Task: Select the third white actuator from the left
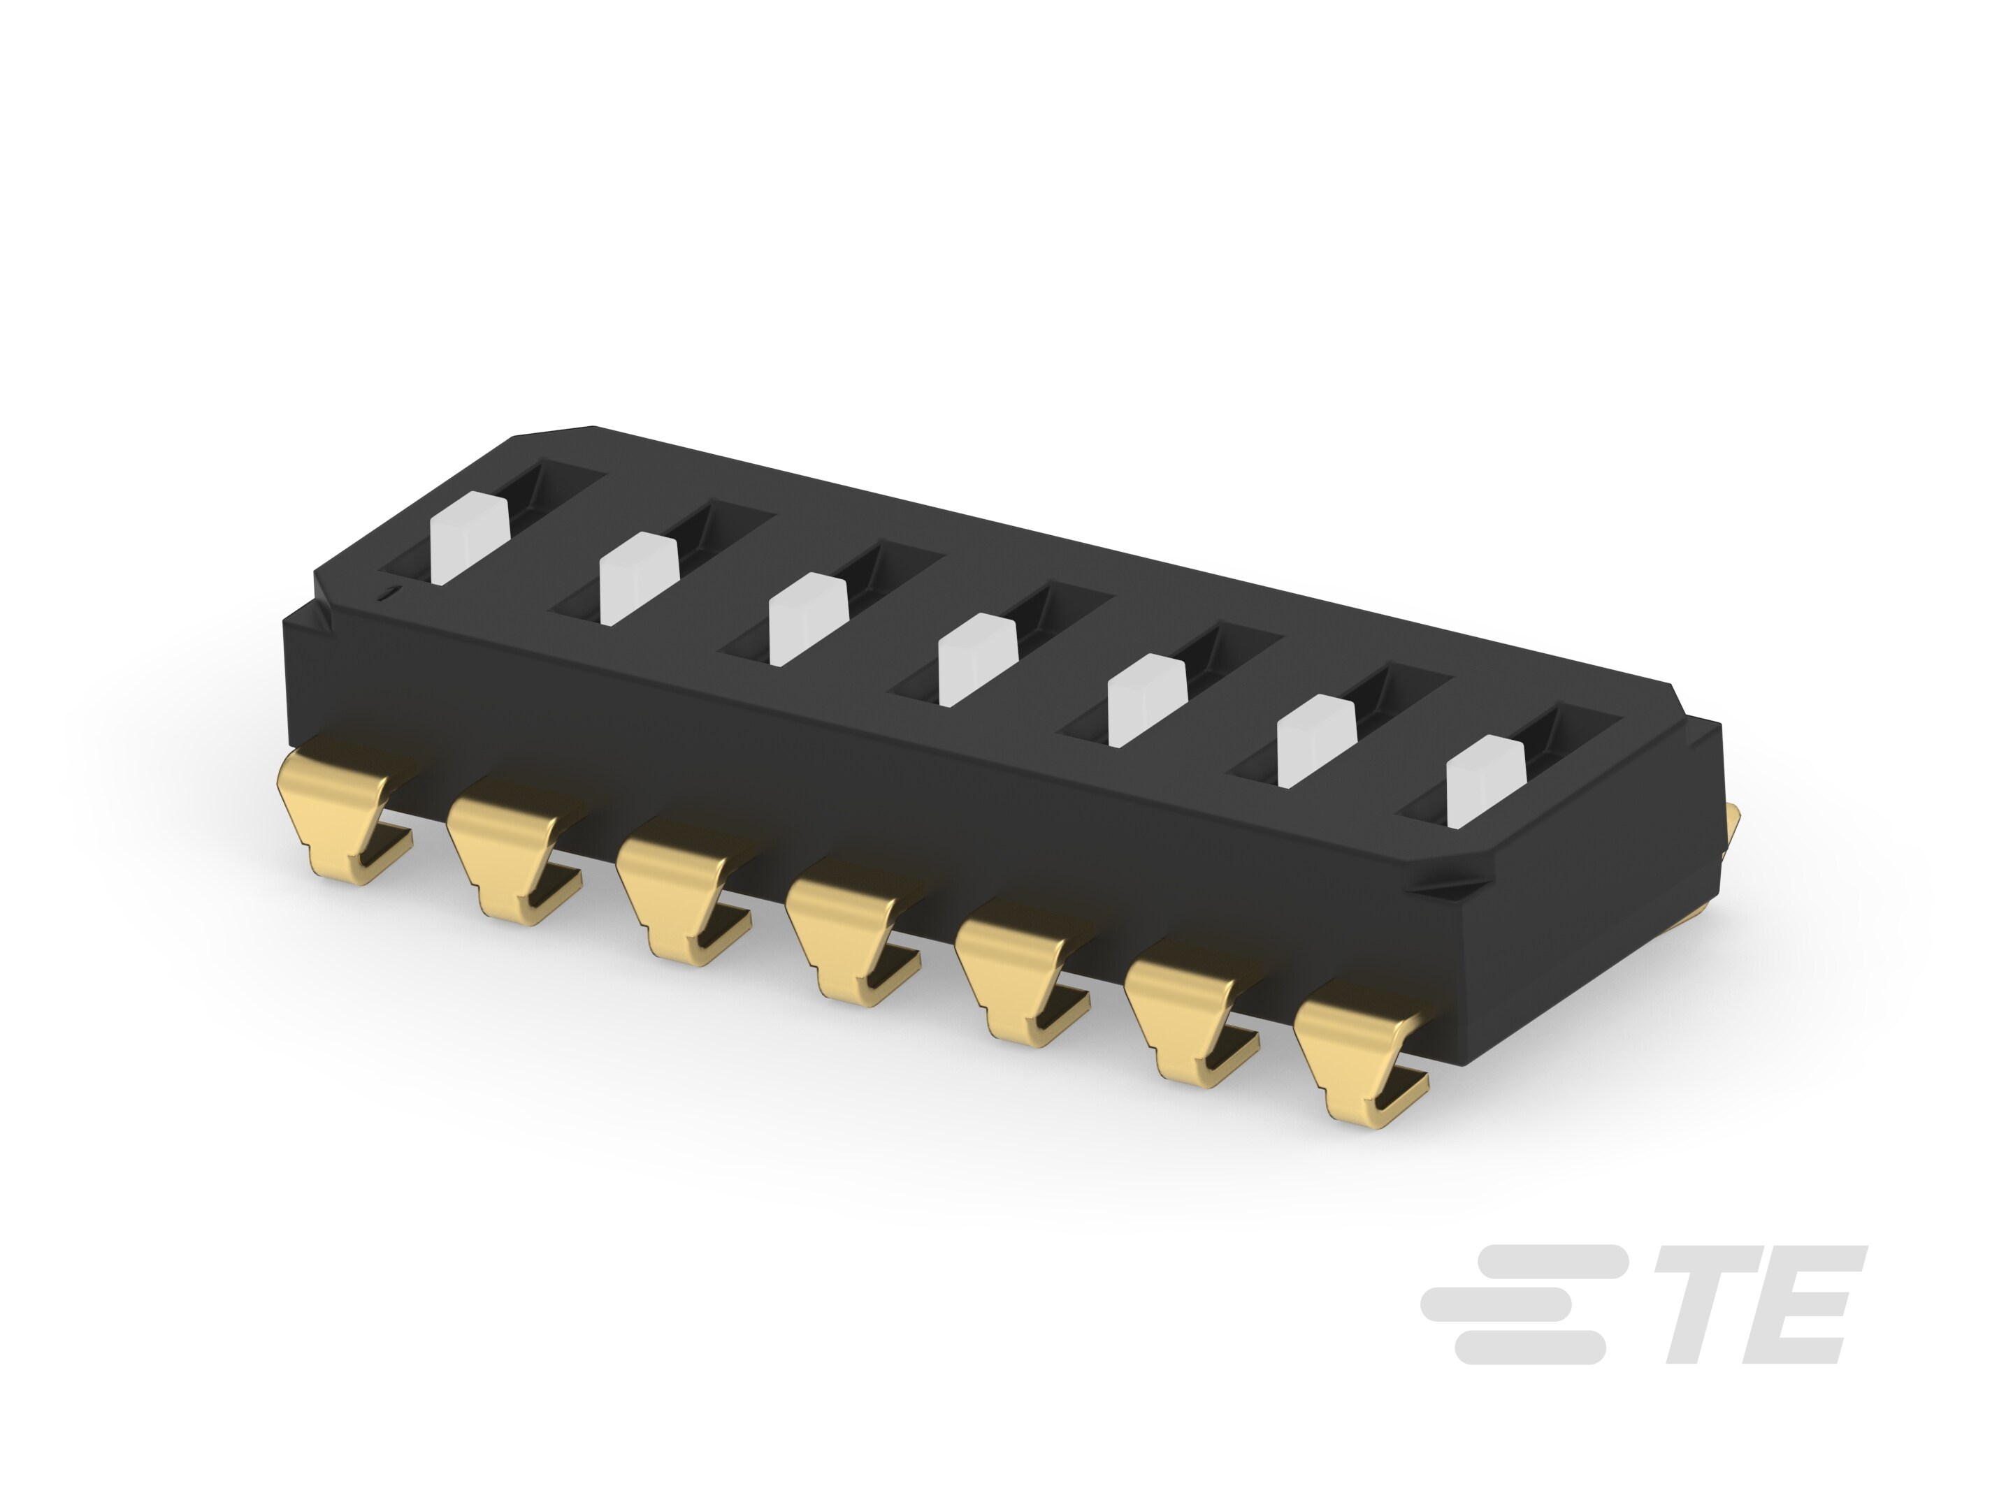807,620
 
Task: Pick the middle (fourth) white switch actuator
976,659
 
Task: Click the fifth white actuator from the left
1147,699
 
